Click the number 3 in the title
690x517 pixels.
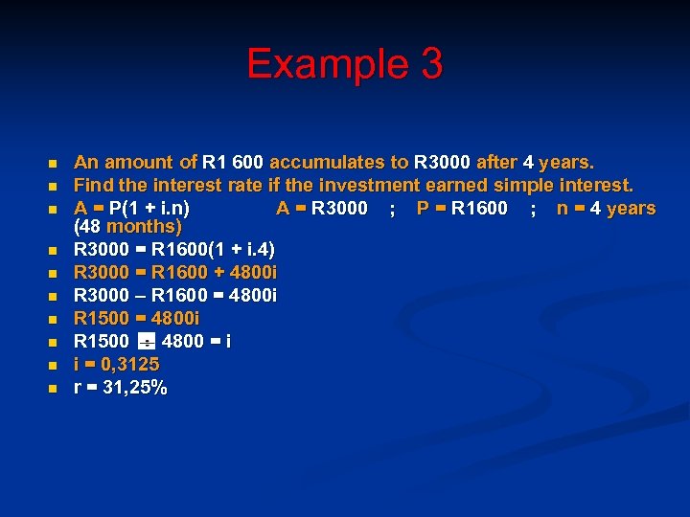pos(430,64)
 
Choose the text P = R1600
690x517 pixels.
pos(463,209)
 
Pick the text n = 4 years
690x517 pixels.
pos(607,209)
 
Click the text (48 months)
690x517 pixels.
pos(127,228)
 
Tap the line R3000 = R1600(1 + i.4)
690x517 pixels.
pos(174,250)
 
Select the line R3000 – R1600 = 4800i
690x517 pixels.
pos(175,295)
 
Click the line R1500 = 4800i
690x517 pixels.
pos(137,318)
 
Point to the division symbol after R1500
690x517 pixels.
pos(147,342)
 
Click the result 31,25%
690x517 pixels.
pos(133,388)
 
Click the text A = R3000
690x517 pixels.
pos(322,209)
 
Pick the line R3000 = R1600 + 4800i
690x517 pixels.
pos(175,273)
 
